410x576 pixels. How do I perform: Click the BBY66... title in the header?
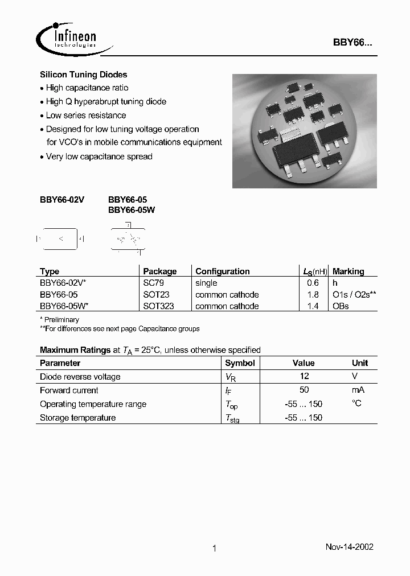(x=352, y=43)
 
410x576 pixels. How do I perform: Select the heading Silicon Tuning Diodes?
(x=83, y=75)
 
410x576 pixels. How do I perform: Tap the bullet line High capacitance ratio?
(x=87, y=88)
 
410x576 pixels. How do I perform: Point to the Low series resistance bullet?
(x=85, y=116)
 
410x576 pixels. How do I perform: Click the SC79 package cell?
(x=153, y=283)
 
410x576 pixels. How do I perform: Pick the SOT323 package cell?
(x=158, y=306)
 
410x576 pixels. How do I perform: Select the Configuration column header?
(x=222, y=271)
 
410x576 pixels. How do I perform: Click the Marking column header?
(x=348, y=271)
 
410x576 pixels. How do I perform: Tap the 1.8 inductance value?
(x=313, y=295)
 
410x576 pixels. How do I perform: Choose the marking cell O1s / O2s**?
(x=354, y=295)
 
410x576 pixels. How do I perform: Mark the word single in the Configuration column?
(x=206, y=283)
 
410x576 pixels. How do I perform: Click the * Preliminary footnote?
(x=59, y=319)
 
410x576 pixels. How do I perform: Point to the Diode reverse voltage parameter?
(x=80, y=376)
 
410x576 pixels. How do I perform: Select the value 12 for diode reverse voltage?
(x=304, y=376)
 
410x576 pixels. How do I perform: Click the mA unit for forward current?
(x=358, y=390)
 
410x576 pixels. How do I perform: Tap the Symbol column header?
(x=240, y=363)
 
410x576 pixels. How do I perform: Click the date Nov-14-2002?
(x=349, y=546)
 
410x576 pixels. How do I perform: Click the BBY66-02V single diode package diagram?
(x=60, y=239)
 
